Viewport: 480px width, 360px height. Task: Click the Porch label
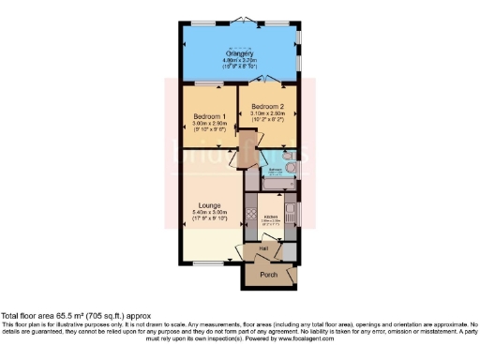coord(268,274)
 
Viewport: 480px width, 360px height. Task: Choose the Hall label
coord(264,248)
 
